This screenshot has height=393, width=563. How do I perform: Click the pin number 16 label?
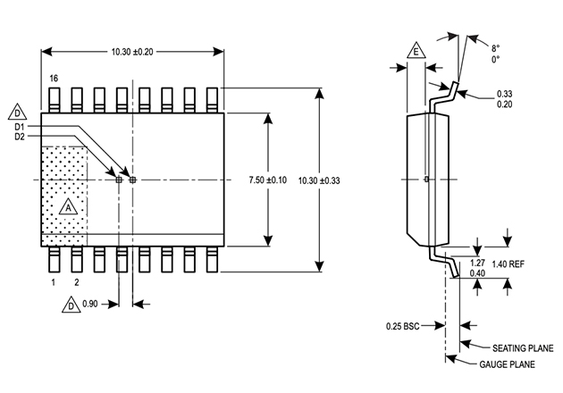(x=54, y=79)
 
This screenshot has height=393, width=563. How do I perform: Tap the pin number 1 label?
(x=53, y=282)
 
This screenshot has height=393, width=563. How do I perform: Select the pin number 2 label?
(x=76, y=282)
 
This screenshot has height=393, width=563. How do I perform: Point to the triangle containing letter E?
(x=416, y=52)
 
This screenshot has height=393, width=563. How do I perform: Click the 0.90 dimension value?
(x=90, y=305)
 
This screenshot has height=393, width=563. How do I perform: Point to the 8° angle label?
(x=496, y=48)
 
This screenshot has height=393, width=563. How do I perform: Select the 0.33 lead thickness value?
(x=506, y=94)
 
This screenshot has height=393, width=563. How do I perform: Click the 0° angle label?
(x=496, y=60)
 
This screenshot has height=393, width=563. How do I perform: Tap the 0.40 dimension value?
(x=477, y=273)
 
